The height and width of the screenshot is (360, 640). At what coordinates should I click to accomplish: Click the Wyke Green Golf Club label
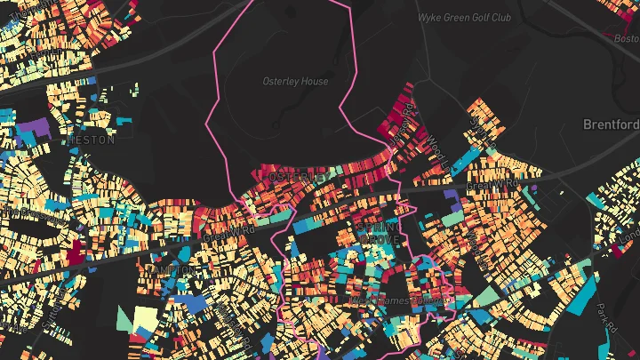[467, 17]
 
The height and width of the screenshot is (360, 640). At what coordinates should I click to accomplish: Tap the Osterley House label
[295, 82]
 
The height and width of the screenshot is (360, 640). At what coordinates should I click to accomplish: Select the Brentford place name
[612, 124]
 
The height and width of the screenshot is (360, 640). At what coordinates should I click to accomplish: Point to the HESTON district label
[91, 140]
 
